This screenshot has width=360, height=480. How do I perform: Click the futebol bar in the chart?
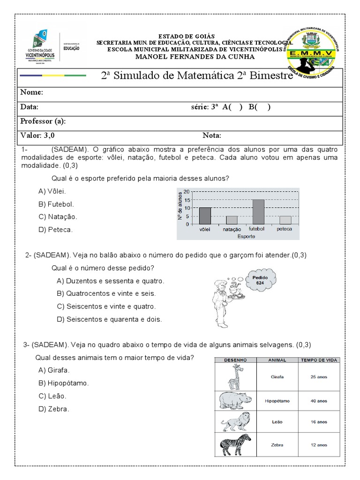(x=258, y=212)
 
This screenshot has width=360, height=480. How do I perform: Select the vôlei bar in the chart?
(x=205, y=216)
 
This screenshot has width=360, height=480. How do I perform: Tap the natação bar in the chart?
(x=232, y=220)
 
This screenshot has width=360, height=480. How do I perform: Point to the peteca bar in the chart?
(x=285, y=220)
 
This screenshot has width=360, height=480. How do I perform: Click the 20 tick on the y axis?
(x=186, y=192)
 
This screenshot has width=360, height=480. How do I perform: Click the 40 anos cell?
(x=319, y=401)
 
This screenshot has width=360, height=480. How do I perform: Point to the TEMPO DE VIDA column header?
(x=319, y=360)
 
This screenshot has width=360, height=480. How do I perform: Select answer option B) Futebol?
(x=57, y=204)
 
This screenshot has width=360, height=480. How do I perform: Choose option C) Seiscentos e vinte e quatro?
(x=106, y=307)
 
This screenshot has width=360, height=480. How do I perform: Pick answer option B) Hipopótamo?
(x=64, y=383)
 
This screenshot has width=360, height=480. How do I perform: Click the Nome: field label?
(x=32, y=93)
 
